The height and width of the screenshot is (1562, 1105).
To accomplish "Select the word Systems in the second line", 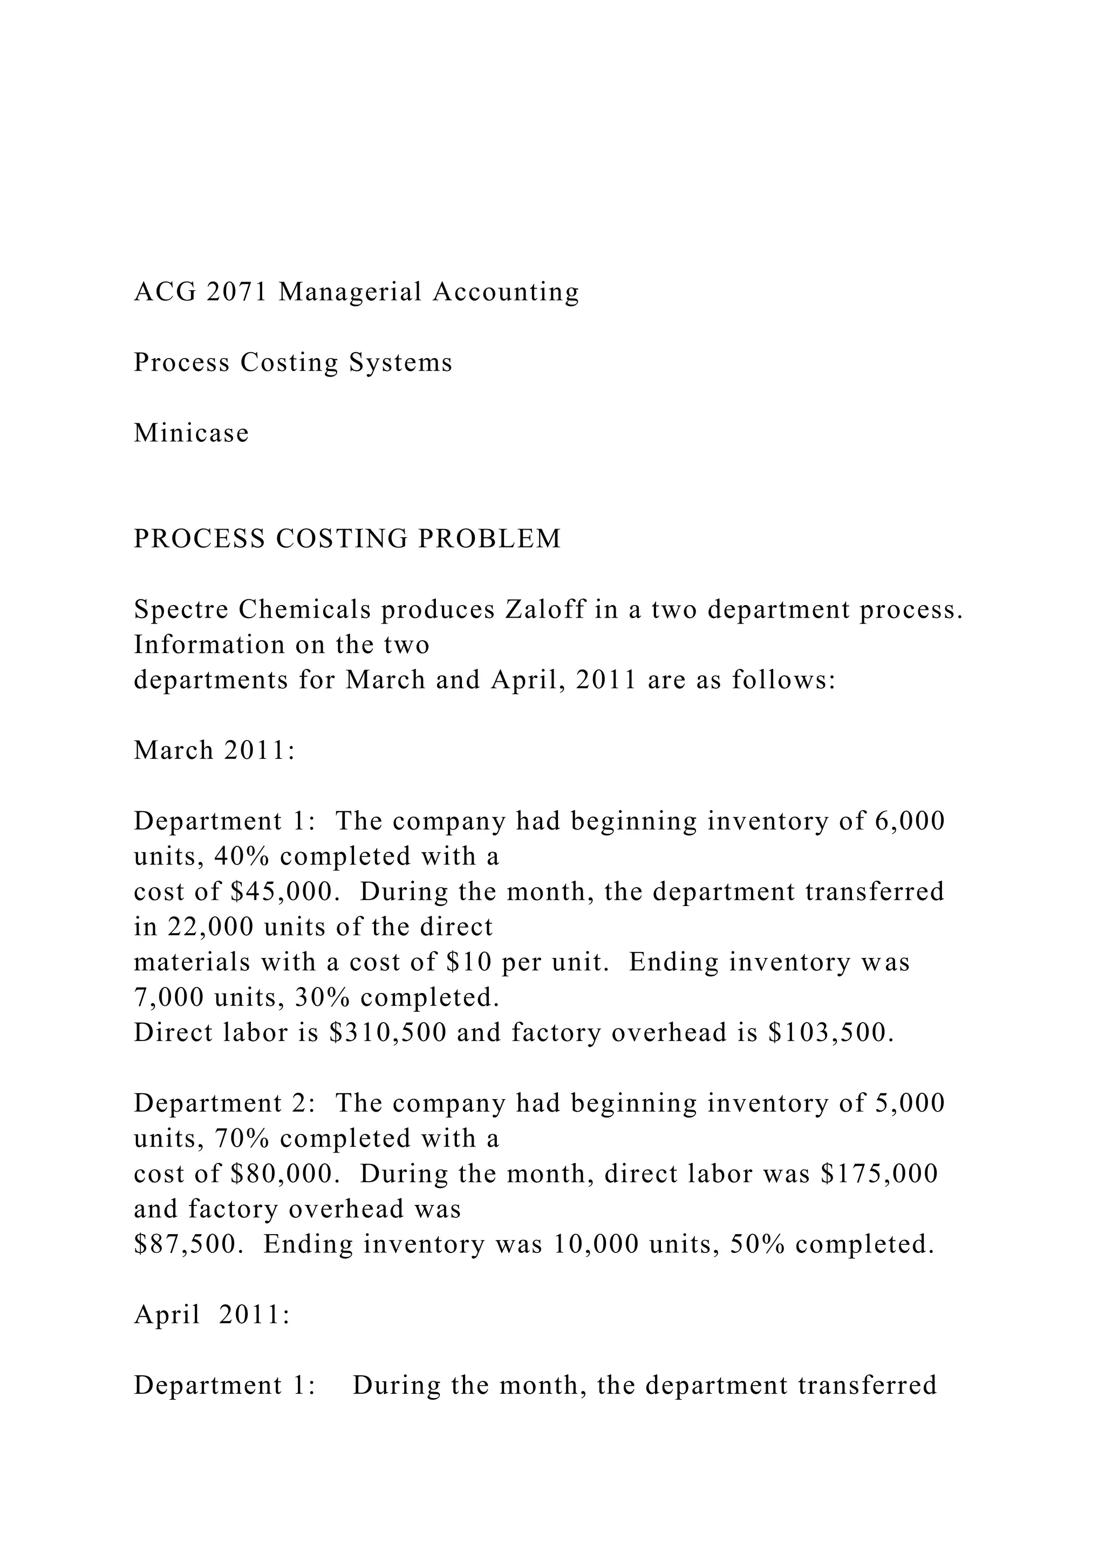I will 400,362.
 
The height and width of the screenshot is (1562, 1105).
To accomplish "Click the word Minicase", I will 191,433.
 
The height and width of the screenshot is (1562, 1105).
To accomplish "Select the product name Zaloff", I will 545,609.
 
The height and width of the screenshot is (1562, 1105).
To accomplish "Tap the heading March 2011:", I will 214,750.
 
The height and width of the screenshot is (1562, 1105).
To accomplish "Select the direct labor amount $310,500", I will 388,1033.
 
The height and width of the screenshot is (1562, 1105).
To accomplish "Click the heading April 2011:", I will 212,1315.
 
